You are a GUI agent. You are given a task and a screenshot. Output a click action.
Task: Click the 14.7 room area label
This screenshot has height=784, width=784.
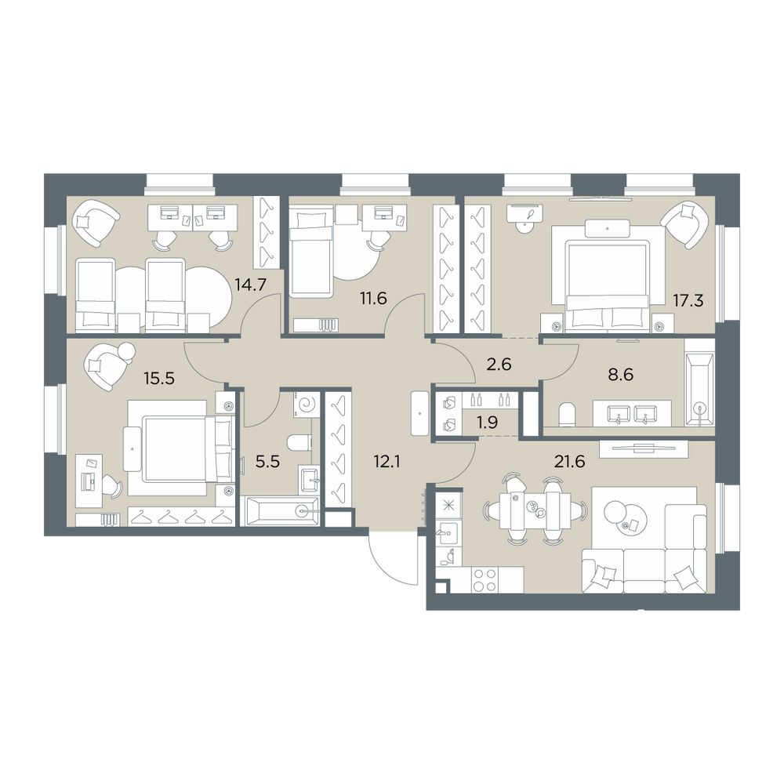[251, 285]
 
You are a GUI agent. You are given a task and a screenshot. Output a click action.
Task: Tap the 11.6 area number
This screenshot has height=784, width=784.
[373, 299]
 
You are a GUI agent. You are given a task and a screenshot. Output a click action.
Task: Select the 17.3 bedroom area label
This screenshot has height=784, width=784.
[688, 301]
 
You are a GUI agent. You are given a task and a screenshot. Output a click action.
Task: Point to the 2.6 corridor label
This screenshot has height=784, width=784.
[499, 365]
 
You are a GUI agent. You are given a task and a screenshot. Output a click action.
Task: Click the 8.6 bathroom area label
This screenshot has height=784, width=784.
[620, 374]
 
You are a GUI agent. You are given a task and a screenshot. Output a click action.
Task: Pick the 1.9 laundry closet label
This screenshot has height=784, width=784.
[487, 423]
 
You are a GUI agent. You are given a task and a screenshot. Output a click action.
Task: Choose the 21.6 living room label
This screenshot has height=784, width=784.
[569, 462]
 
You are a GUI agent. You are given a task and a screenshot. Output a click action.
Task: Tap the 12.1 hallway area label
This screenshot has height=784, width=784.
[387, 462]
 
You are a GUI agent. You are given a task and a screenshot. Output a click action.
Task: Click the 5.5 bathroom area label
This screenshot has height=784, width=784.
[267, 462]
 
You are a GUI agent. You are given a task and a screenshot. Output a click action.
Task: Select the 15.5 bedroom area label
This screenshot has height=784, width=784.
[159, 379]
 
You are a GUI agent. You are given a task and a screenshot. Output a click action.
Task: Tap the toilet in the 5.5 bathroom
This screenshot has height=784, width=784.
[299, 442]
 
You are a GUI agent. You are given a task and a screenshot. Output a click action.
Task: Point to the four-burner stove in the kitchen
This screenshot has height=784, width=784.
[485, 580]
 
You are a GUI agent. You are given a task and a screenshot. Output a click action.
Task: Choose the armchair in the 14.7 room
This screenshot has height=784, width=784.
[96, 223]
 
